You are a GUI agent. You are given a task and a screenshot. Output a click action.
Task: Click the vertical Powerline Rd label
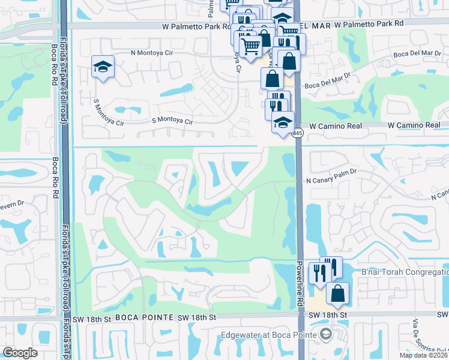pyautogui.click(x=298, y=282)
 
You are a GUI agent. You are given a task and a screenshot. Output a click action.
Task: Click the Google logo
pyautogui.click(x=20, y=353)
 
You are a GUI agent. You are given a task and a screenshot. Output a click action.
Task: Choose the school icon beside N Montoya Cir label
pyautogui.click(x=103, y=67)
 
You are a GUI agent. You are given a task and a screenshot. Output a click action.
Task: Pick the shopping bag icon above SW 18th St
pyautogui.click(x=337, y=293)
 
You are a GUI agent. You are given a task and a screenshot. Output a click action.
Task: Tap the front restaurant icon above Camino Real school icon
pyautogui.click(x=276, y=109)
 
